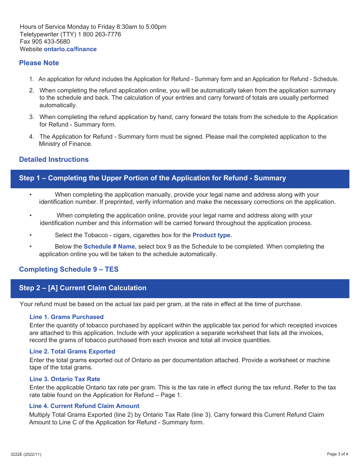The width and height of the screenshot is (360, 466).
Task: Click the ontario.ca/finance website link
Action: [70, 49]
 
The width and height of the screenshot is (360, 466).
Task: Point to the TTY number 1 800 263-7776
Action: [99, 34]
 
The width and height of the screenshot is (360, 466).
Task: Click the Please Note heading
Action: [39, 63]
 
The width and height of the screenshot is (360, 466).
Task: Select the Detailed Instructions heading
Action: [54, 160]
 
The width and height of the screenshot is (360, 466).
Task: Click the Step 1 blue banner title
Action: [152, 178]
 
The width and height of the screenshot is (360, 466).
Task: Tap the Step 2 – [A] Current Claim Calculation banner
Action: [83, 288]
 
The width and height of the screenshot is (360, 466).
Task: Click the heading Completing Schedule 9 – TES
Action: [69, 269]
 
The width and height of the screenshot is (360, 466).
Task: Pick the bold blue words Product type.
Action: [212, 235]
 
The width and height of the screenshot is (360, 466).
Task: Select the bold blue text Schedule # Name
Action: [109, 247]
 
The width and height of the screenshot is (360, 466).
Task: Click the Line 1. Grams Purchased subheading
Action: [66, 317]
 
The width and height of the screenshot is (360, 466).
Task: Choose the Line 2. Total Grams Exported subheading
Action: [72, 352]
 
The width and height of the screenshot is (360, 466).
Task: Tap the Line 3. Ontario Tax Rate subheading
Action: [64, 379]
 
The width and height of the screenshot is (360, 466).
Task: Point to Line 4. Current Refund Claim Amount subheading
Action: [84, 406]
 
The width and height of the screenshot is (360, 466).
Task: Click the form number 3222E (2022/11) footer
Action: [26, 454]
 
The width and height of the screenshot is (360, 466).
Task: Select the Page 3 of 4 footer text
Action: [338, 454]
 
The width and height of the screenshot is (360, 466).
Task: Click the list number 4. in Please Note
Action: [32, 137]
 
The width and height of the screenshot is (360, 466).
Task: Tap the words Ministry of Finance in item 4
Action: [65, 144]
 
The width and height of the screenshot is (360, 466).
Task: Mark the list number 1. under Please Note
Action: [32, 79]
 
